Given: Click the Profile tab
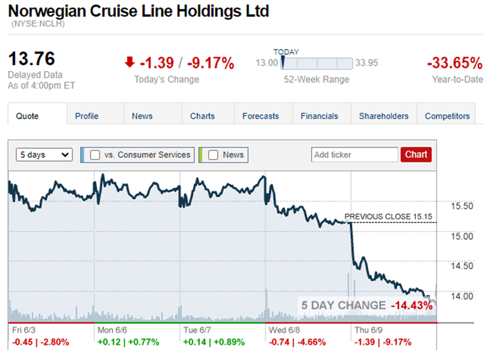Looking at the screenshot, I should coord(87,116).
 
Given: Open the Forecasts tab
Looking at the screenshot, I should coord(260,116).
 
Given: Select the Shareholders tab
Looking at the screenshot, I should coord(383,116).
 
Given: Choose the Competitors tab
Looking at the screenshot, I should coord(447,116).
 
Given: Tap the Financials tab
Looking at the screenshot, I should coord(319,116).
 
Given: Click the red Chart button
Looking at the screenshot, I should coord(416,155).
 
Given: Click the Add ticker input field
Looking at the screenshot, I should coord(354,155).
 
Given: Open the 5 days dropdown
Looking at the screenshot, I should coord(44,155).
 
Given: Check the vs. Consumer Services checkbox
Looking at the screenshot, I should coord(95,155).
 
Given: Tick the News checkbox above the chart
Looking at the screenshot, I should coord(213,155).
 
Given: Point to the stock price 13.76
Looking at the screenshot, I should coord(31,59).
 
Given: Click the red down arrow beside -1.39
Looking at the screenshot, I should coord(129,62).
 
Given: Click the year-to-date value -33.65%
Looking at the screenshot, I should coord(454,63).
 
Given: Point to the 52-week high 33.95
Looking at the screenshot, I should coord(367,63).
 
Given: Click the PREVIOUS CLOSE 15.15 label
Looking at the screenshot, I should coord(388,217).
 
